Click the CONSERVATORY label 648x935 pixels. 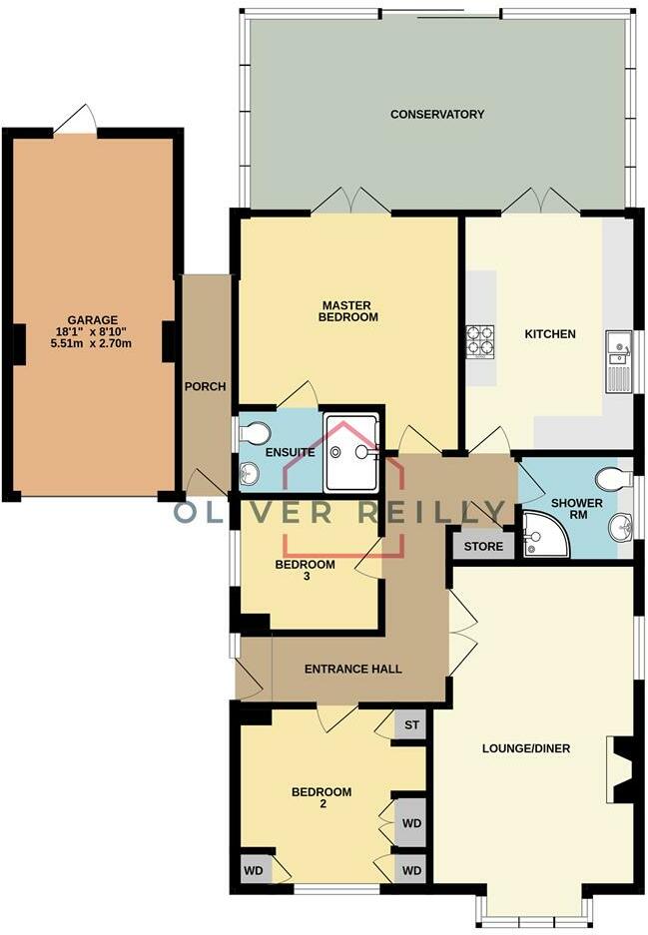pos(436,115)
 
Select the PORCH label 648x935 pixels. pos(206,387)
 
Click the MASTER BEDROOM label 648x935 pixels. pos(348,310)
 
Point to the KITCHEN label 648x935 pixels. pos(550,334)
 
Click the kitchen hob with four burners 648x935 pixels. pos(480,342)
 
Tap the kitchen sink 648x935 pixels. pos(618,348)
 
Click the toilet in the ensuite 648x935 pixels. pos(256,433)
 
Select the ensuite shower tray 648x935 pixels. pos(350,454)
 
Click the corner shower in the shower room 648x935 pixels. pos(544,535)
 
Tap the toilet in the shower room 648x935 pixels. pos(617,479)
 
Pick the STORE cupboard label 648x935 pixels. pos(484,547)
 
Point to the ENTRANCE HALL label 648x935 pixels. pos(352,669)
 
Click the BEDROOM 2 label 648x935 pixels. pos(321,799)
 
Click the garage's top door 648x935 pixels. pos(77,122)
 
